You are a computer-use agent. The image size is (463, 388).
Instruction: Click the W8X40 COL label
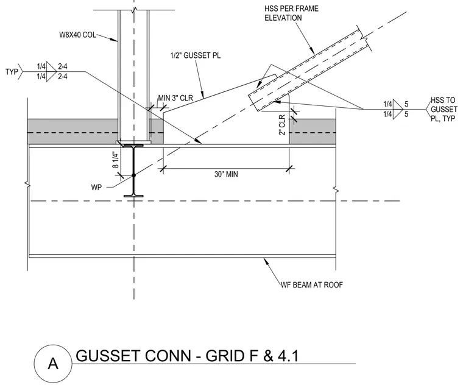click(77, 35)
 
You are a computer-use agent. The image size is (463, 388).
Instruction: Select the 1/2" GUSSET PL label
click(195, 55)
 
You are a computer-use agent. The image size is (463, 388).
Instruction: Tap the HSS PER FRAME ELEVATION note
click(291, 13)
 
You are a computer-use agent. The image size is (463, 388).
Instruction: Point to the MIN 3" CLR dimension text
click(175, 97)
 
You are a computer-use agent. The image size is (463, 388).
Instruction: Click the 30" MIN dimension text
click(226, 174)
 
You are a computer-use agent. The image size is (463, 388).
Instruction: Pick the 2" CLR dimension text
click(282, 125)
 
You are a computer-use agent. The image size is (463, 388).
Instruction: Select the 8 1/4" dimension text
click(116, 160)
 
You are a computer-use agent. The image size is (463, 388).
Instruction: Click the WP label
click(96, 188)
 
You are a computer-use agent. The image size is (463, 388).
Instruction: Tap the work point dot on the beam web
click(133, 175)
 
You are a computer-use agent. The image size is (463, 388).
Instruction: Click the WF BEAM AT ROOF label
click(311, 284)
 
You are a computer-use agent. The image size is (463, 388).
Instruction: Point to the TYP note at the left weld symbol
click(12, 72)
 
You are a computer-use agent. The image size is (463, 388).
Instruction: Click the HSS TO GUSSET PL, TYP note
click(444, 109)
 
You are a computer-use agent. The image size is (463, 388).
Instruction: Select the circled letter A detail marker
click(53, 363)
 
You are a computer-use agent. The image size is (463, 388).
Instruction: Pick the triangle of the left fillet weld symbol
click(51, 71)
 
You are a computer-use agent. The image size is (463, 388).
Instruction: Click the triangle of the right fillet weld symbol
click(397, 109)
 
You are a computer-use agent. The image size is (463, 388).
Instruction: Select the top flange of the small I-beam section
click(133, 146)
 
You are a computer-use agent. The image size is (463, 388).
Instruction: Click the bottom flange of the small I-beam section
click(133, 196)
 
